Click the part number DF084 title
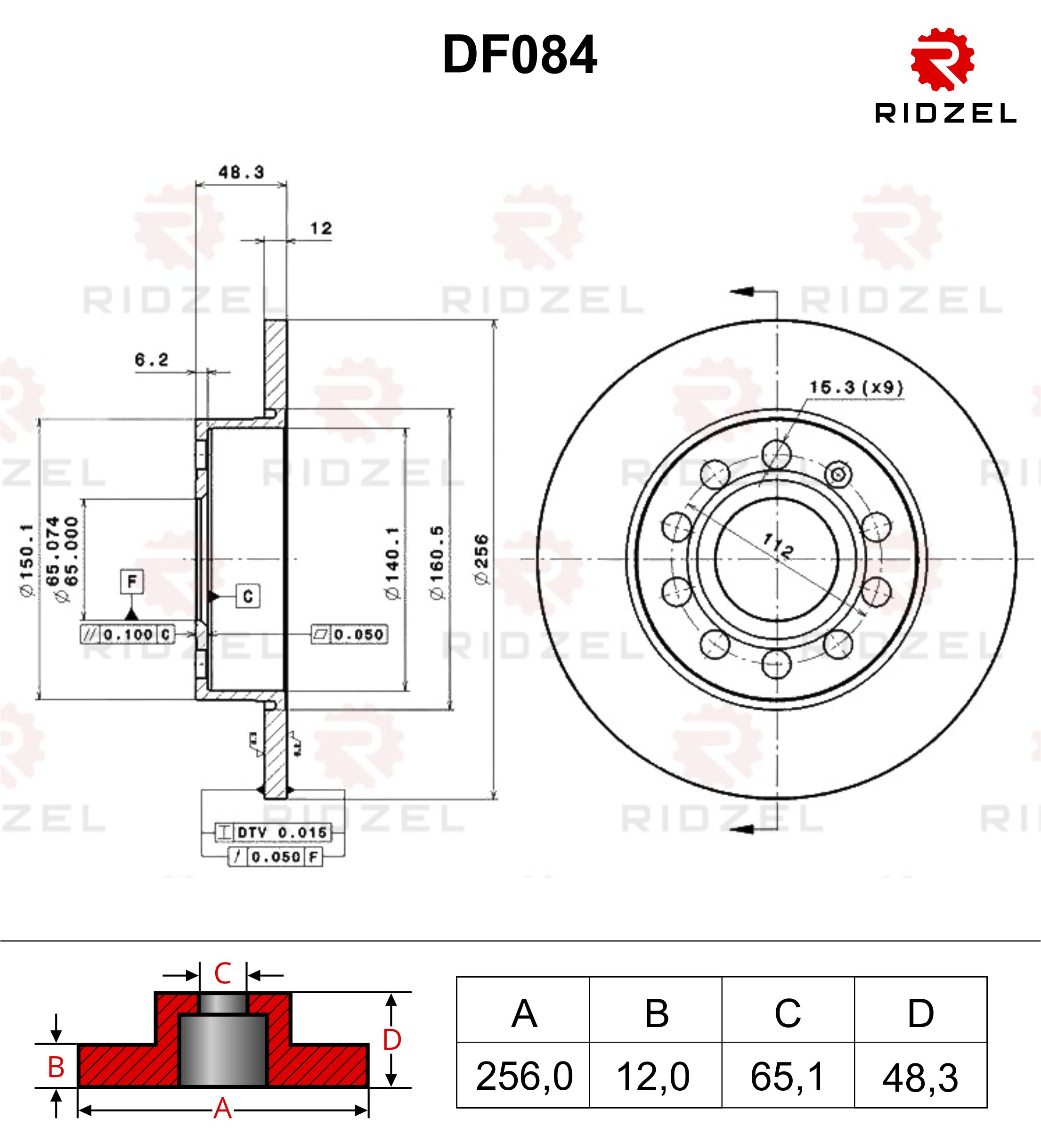click(520, 55)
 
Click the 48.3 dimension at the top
click(241, 172)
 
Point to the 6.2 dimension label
click(151, 359)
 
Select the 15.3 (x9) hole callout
click(856, 388)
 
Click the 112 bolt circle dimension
click(778, 546)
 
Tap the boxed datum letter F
click(131, 581)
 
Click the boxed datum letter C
click(248, 596)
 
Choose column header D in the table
click(920, 1013)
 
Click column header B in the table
click(656, 1013)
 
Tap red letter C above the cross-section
click(223, 973)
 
